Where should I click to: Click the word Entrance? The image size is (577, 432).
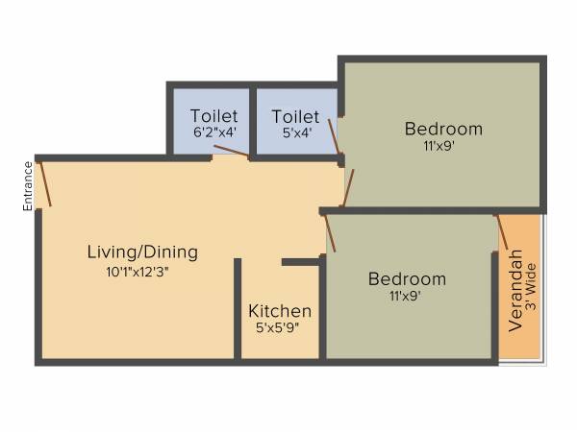pyautogui.click(x=29, y=185)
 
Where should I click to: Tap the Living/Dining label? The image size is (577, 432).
pyautogui.click(x=142, y=252)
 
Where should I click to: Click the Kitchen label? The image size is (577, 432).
pyautogui.click(x=280, y=311)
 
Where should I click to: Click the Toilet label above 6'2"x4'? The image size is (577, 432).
pyautogui.click(x=213, y=116)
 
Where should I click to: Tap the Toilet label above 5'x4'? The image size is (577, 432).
pyautogui.click(x=295, y=116)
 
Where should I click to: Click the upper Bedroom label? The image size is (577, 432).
pyautogui.click(x=443, y=129)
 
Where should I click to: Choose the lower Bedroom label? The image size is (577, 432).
pyautogui.click(x=407, y=279)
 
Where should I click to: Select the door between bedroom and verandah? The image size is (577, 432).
pyautogui.click(x=501, y=231)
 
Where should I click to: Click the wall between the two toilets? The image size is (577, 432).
pyautogui.click(x=250, y=121)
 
